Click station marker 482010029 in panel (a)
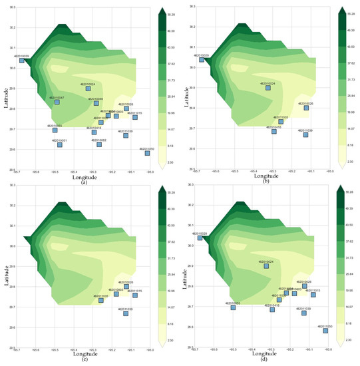[x=21, y=61]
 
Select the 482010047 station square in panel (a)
[x=57, y=102]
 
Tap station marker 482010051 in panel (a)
[x=59, y=145]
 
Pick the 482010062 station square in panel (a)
[x=99, y=144]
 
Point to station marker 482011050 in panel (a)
[x=147, y=153]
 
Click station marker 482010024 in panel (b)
[x=268, y=88]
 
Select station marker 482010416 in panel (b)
[x=273, y=132]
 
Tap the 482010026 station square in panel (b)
[x=306, y=108]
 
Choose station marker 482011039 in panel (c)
[x=126, y=313]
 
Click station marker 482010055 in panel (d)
[x=233, y=307]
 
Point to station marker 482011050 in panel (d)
[x=325, y=331]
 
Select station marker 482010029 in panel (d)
[x=200, y=238]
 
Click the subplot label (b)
[x=266, y=181]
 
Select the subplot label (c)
[x=84, y=361]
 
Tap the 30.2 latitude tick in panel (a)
[x=13, y=28]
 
